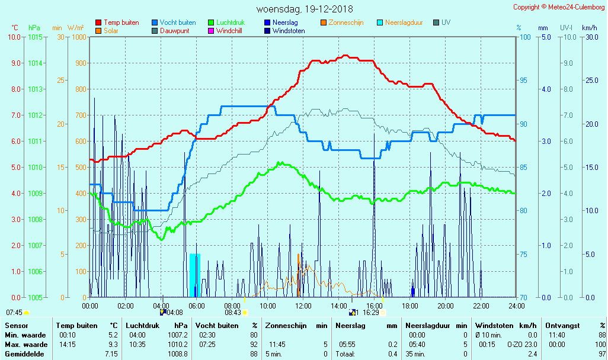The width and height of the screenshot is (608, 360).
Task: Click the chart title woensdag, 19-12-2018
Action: (x=304, y=9)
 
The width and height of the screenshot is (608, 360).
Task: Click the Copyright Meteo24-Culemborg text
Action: (x=559, y=7)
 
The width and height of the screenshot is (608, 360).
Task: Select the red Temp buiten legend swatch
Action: (x=98, y=22)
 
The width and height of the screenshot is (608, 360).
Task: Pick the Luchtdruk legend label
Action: (x=235, y=22)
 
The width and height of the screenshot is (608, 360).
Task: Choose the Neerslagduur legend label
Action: (x=404, y=22)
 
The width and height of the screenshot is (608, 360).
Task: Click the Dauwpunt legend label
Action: (x=175, y=31)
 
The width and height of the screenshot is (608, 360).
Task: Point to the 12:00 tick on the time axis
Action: (x=303, y=306)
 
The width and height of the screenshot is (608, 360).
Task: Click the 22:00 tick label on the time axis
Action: (x=481, y=306)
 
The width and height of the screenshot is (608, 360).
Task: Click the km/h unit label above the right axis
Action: (x=589, y=28)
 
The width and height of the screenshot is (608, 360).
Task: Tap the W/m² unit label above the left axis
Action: (x=75, y=28)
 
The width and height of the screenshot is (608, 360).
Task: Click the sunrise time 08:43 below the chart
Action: (x=232, y=313)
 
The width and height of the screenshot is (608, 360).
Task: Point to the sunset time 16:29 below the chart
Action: (x=370, y=313)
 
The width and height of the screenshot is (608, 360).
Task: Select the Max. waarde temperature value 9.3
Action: (x=113, y=345)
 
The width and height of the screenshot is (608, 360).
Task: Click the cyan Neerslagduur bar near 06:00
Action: (x=194, y=275)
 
